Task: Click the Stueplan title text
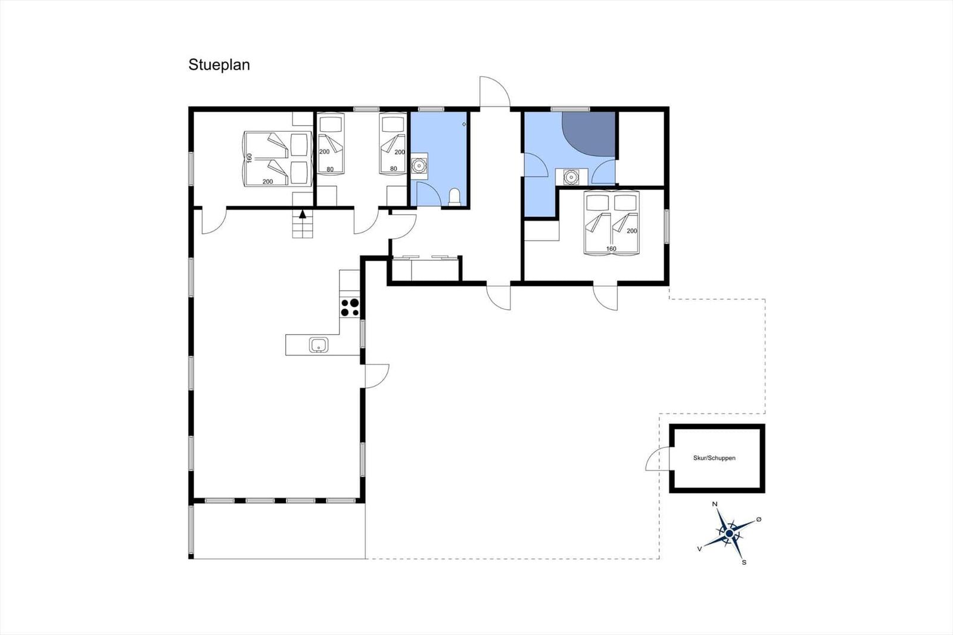[x=219, y=65]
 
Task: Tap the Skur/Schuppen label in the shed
[x=714, y=458]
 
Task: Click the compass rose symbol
[x=729, y=533]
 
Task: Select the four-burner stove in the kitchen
[x=350, y=307]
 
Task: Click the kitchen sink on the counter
[x=319, y=345]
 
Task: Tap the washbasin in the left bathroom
[x=419, y=164]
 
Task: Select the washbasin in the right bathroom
[x=571, y=177]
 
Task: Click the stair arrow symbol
[x=303, y=214]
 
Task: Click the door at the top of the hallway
[x=495, y=92]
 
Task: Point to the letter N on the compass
[x=715, y=505]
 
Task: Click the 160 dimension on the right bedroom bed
[x=611, y=249]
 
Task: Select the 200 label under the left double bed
[x=268, y=182]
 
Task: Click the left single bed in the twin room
[x=331, y=144]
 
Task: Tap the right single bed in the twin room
[x=393, y=144]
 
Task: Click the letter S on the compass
[x=744, y=562]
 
